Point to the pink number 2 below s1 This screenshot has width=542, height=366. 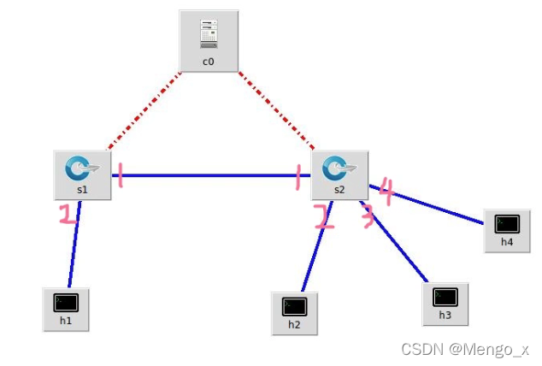coord(68,214)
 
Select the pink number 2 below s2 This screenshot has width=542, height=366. coord(323,217)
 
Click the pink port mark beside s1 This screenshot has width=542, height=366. coord(121,176)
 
